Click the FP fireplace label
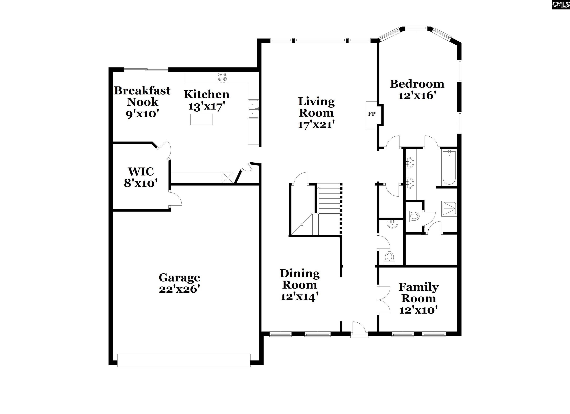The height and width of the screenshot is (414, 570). (372, 114)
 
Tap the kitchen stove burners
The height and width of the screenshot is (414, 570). (222, 77)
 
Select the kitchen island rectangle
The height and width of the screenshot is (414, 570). (202, 119)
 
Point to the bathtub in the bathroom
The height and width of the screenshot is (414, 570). (449, 168)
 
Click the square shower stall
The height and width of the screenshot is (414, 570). (449, 209)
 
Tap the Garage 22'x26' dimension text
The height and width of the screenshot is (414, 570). (179, 289)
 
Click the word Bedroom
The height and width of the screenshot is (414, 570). (417, 84)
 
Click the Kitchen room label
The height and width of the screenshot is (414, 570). (207, 94)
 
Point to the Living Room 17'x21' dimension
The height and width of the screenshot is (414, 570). (316, 125)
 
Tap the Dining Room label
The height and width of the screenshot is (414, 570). (300, 279)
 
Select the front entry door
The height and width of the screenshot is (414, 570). (359, 329)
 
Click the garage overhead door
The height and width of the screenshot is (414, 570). (184, 360)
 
